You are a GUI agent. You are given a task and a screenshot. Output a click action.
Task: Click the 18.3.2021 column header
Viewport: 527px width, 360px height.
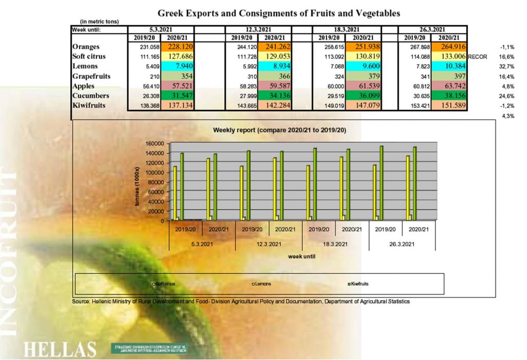346,29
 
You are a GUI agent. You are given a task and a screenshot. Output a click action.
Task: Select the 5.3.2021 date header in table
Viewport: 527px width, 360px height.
161,29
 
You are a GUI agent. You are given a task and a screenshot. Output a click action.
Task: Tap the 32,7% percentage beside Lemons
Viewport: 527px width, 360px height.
507,66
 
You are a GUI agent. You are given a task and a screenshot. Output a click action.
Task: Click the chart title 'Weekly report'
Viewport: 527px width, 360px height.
279,130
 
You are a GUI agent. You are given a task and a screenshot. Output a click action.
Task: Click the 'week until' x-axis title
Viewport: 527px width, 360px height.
301,255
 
